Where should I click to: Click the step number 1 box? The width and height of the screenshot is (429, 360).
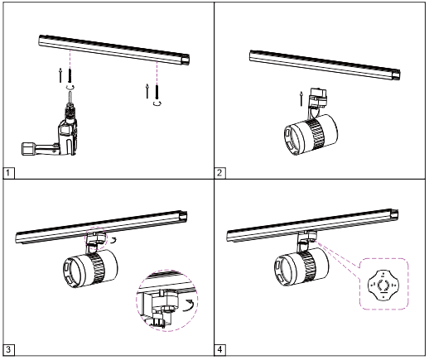8,173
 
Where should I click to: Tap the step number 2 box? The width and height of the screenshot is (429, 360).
220,173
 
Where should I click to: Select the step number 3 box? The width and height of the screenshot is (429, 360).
8,350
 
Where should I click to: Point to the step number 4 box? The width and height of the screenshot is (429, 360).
220,350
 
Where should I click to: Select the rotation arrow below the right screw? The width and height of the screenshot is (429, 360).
156,105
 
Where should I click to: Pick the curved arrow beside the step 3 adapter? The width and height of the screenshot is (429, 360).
113,239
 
